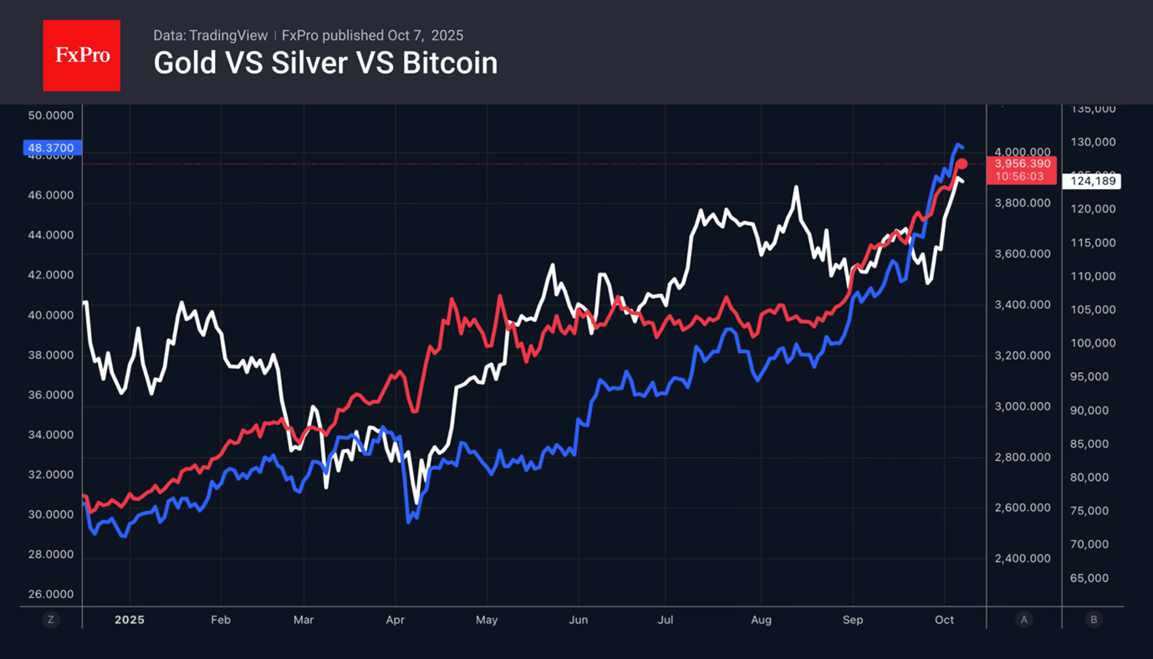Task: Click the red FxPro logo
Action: click(x=81, y=56)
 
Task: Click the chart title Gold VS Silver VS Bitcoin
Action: click(x=325, y=63)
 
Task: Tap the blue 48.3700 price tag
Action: click(x=51, y=148)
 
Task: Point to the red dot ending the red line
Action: click(x=962, y=164)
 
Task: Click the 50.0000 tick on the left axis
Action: click(x=51, y=115)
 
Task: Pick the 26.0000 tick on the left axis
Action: click(x=51, y=595)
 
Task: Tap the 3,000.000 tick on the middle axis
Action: click(x=1023, y=406)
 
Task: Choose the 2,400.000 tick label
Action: click(x=1023, y=559)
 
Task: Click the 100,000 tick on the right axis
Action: click(x=1093, y=343)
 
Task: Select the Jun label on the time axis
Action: click(x=578, y=620)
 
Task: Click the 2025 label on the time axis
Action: click(x=130, y=620)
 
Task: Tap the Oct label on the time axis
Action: click(x=944, y=620)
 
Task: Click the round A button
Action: click(x=1024, y=620)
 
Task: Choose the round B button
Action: click(x=1094, y=620)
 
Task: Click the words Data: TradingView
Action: click(x=210, y=35)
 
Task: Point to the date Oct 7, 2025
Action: click(x=426, y=35)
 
